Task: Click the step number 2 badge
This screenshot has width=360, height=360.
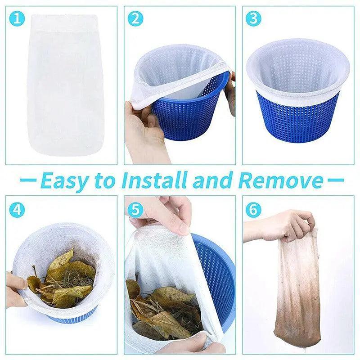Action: point(135,18)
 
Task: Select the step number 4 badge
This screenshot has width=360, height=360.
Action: point(17,210)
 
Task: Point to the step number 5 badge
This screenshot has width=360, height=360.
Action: point(135,210)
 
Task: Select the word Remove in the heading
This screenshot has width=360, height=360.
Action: point(280,180)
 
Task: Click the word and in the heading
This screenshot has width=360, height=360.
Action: point(213,180)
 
